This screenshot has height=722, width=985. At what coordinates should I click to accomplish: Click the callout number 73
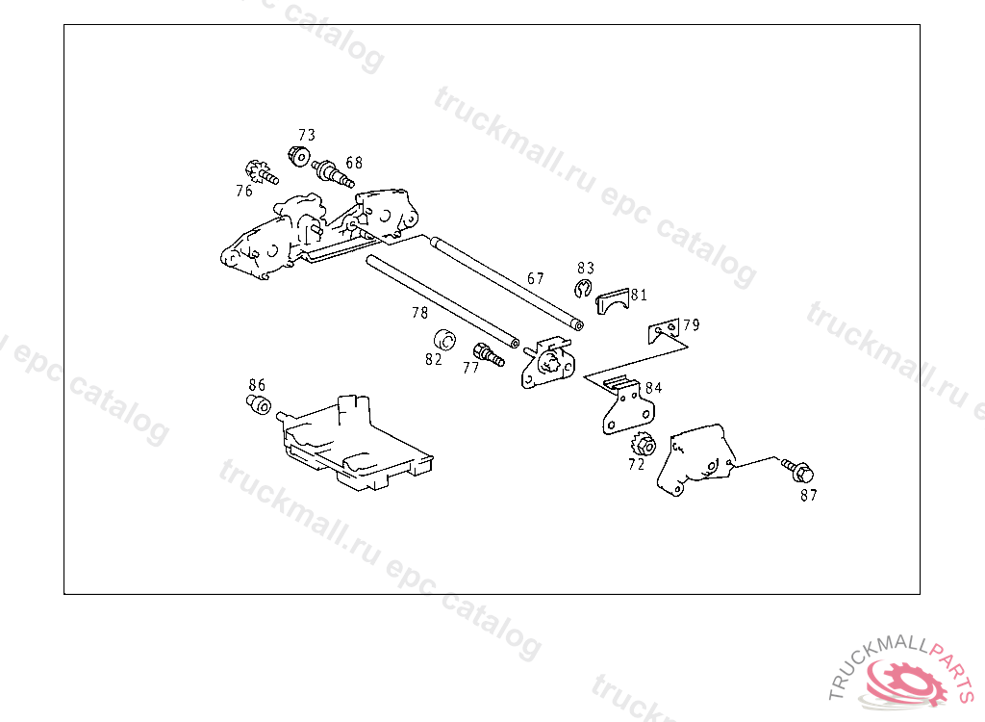(x=307, y=135)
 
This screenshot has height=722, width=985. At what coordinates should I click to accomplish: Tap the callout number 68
(x=354, y=163)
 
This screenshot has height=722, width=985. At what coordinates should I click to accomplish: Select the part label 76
(x=244, y=191)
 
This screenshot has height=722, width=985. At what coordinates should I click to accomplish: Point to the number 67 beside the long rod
(x=536, y=278)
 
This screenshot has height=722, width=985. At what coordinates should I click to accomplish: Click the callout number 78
(x=420, y=313)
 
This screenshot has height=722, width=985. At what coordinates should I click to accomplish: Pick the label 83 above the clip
(x=586, y=269)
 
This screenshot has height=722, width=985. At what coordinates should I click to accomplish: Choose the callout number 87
(x=809, y=496)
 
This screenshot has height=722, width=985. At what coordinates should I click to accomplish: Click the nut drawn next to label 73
(x=299, y=156)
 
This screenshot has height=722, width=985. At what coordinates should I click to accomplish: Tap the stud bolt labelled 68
(x=333, y=173)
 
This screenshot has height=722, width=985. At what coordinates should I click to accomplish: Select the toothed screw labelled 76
(x=261, y=172)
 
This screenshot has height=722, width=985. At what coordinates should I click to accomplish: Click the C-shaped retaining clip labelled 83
(x=583, y=289)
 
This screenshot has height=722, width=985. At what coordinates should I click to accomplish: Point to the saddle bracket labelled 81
(x=613, y=302)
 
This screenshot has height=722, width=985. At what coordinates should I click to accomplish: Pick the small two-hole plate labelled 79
(x=664, y=330)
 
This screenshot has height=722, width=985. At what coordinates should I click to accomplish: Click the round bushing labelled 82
(x=444, y=340)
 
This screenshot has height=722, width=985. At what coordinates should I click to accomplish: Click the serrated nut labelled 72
(x=644, y=446)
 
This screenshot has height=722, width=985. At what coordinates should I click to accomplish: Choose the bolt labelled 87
(x=797, y=471)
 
